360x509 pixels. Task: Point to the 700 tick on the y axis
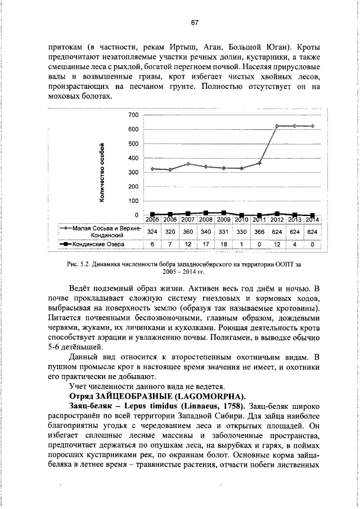point(134,130)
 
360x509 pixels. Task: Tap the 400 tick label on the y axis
point(134,158)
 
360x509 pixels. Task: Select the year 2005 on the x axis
point(153,219)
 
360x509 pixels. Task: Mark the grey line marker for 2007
point(188,164)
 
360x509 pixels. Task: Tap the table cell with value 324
point(152,231)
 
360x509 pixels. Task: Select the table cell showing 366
point(259,231)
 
